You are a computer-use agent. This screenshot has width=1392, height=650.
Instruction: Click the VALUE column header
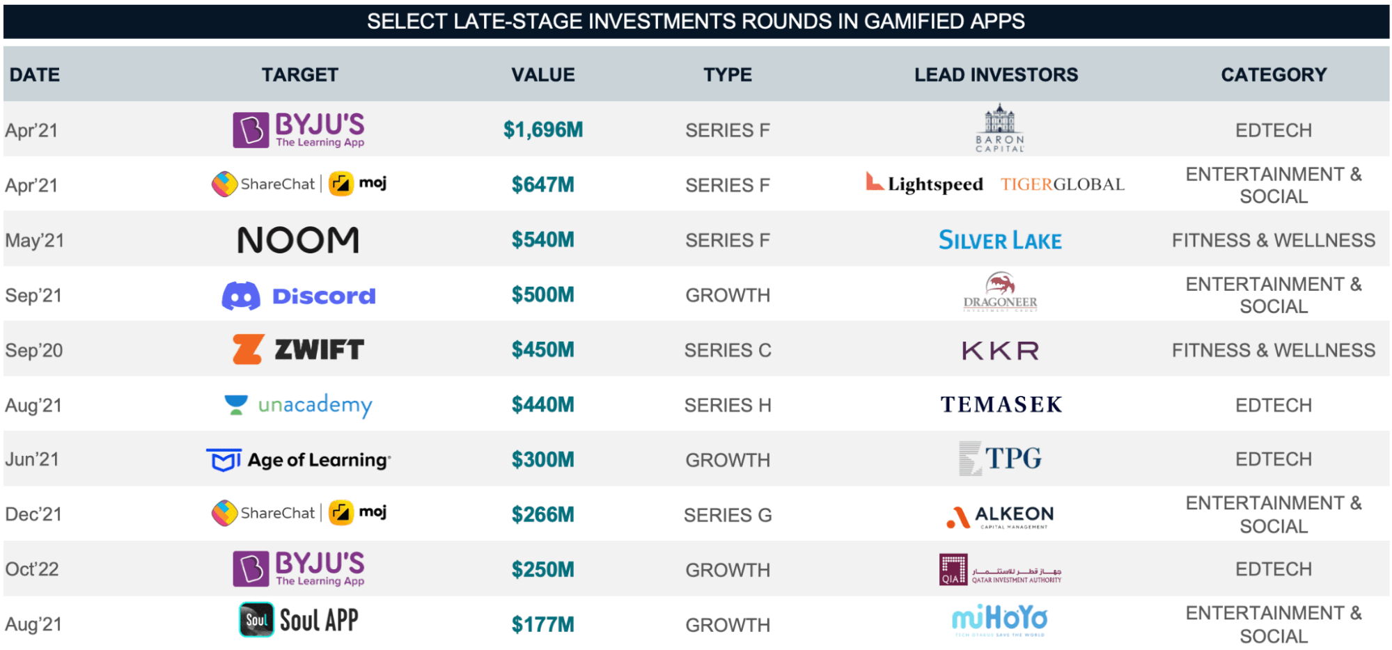pos(543,74)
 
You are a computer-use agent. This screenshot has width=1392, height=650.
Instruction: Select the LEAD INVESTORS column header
pos(996,74)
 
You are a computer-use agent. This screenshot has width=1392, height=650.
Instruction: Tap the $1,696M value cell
pos(543,129)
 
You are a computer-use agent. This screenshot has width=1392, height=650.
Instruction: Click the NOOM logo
pos(298,240)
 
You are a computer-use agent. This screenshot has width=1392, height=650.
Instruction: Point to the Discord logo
pos(299,296)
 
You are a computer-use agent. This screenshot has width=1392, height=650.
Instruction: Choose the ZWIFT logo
pos(298,349)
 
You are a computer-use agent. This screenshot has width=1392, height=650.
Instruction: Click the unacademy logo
pos(299,404)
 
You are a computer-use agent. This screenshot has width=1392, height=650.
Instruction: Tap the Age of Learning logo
pos(299,460)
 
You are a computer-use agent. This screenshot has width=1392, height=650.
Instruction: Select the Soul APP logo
pos(299,620)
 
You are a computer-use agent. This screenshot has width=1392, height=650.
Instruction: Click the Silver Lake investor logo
pos(1000,240)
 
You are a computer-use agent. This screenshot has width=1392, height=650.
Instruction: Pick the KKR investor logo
pos(1000,350)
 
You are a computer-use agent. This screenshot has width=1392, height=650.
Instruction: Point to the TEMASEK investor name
pos(1001,404)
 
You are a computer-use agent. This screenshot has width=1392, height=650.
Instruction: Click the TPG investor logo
pos(1001,459)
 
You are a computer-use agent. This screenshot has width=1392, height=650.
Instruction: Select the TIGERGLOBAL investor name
pos(1062,184)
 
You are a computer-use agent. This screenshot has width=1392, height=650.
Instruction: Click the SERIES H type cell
pos(728,405)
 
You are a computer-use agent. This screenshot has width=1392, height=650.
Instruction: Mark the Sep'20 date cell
pos(34,350)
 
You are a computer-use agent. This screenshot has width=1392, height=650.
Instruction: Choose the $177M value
pos(543,624)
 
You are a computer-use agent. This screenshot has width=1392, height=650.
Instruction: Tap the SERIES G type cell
pos(728,515)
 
